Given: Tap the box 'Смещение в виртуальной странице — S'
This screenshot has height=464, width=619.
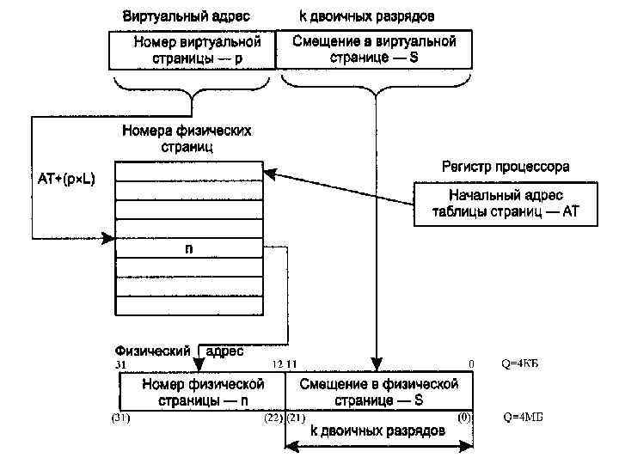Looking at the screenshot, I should click(374, 49).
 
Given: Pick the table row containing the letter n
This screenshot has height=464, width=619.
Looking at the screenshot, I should click(188, 249).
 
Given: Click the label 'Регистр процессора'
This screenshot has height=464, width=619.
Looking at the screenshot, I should click(505, 166).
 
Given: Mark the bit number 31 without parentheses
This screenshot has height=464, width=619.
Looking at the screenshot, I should click(120, 365).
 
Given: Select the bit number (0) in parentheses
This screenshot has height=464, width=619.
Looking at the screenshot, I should click(464, 418).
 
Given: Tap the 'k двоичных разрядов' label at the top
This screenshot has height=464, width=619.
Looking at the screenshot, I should click(366, 16).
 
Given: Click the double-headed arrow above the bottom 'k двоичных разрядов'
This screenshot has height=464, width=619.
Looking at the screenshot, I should click(378, 446).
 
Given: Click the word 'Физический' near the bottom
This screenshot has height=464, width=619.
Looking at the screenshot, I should click(152, 351).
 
